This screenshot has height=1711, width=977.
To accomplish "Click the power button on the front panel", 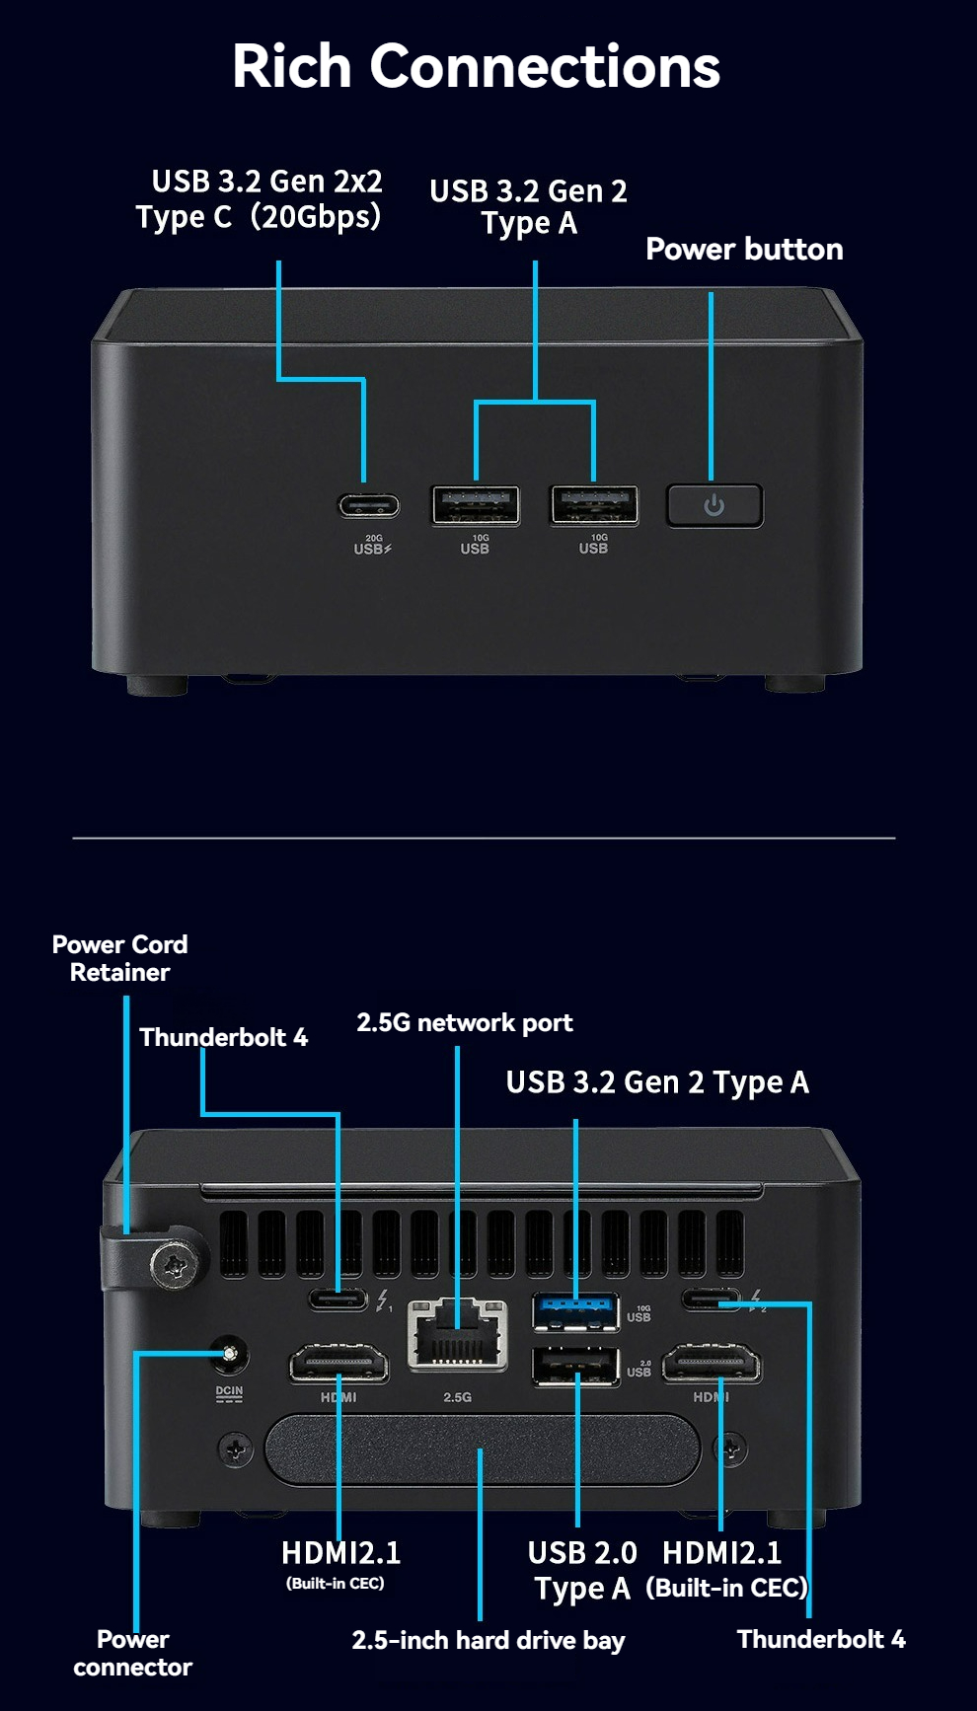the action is [714, 505].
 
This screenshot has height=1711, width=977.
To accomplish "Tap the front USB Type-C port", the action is [369, 506].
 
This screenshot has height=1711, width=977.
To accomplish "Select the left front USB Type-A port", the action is [476, 505].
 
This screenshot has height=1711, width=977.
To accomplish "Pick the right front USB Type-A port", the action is [594, 505].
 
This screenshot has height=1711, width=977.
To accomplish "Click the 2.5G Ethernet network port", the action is [458, 1335].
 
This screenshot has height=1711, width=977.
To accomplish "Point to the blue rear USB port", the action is [576, 1311].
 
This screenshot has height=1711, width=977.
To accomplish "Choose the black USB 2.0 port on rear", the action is [576, 1367].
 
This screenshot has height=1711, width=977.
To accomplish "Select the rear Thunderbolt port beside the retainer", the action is [338, 1299].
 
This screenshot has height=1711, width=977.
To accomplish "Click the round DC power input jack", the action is [230, 1354].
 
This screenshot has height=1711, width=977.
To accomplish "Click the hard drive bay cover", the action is [482, 1449].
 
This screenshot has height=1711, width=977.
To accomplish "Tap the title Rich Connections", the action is [476, 66].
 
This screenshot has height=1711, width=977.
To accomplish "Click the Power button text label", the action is [744, 250].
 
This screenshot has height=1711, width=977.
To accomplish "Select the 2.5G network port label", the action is [464, 1022].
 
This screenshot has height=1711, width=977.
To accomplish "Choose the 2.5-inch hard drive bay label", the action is [488, 1640].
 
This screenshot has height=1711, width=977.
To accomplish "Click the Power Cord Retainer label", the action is [119, 958].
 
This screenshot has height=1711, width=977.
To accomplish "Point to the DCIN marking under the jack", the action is [229, 1392].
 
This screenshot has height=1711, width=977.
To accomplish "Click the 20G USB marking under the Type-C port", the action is [373, 545].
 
